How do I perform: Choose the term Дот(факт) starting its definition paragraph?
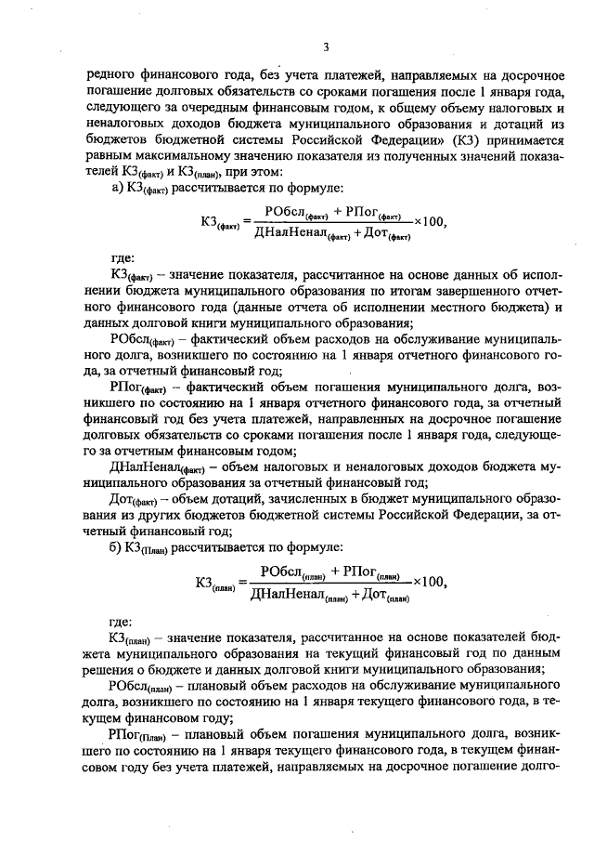(x=132, y=498)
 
